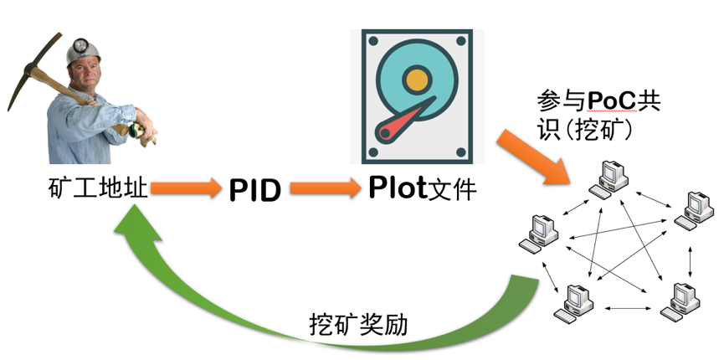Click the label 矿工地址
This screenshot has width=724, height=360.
click(98, 188)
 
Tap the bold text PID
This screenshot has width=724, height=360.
click(255, 190)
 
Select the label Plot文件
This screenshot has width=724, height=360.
click(423, 188)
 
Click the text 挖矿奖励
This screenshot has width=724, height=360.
click(359, 326)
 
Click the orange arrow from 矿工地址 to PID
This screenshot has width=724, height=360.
click(186, 188)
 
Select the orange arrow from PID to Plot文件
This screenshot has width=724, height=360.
click(325, 188)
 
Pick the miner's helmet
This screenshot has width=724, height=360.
click(82, 50)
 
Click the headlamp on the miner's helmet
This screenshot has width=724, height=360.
click(80, 45)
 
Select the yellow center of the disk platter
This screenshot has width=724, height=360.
click(418, 80)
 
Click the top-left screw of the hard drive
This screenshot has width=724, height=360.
click(373, 42)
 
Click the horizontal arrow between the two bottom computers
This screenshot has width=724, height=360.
click(627, 307)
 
